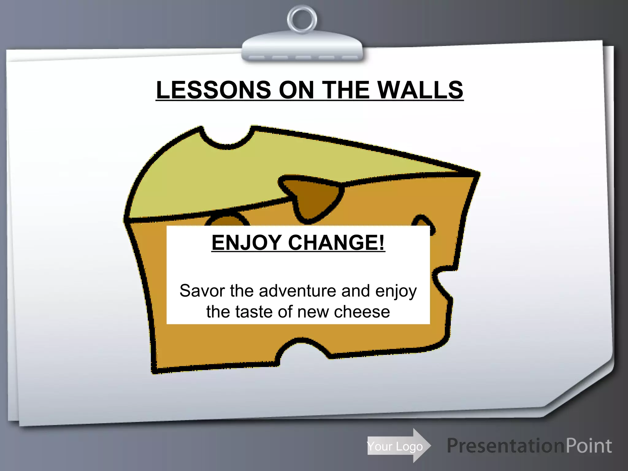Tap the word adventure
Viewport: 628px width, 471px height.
click(297, 291)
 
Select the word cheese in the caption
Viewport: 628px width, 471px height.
click(362, 312)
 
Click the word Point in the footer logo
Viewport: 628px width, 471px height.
click(589, 446)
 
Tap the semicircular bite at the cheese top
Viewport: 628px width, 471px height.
click(228, 138)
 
